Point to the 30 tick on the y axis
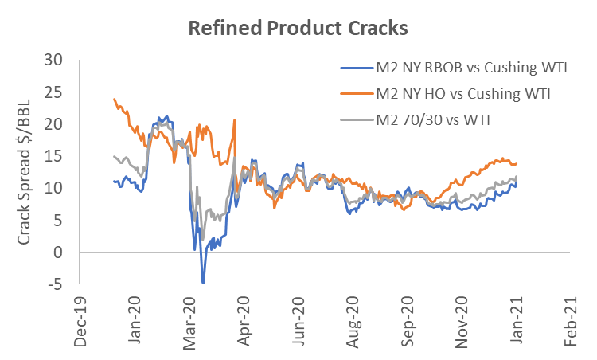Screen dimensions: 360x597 (53, 60)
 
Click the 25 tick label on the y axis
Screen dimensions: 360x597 (53, 92)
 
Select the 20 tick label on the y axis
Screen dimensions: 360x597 (53, 124)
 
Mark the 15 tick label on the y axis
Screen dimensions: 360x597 (53, 156)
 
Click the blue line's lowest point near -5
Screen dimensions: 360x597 (203, 283)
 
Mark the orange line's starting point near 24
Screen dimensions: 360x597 (115, 99)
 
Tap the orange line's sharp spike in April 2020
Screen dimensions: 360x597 (234, 120)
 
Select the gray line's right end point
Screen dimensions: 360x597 (517, 177)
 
